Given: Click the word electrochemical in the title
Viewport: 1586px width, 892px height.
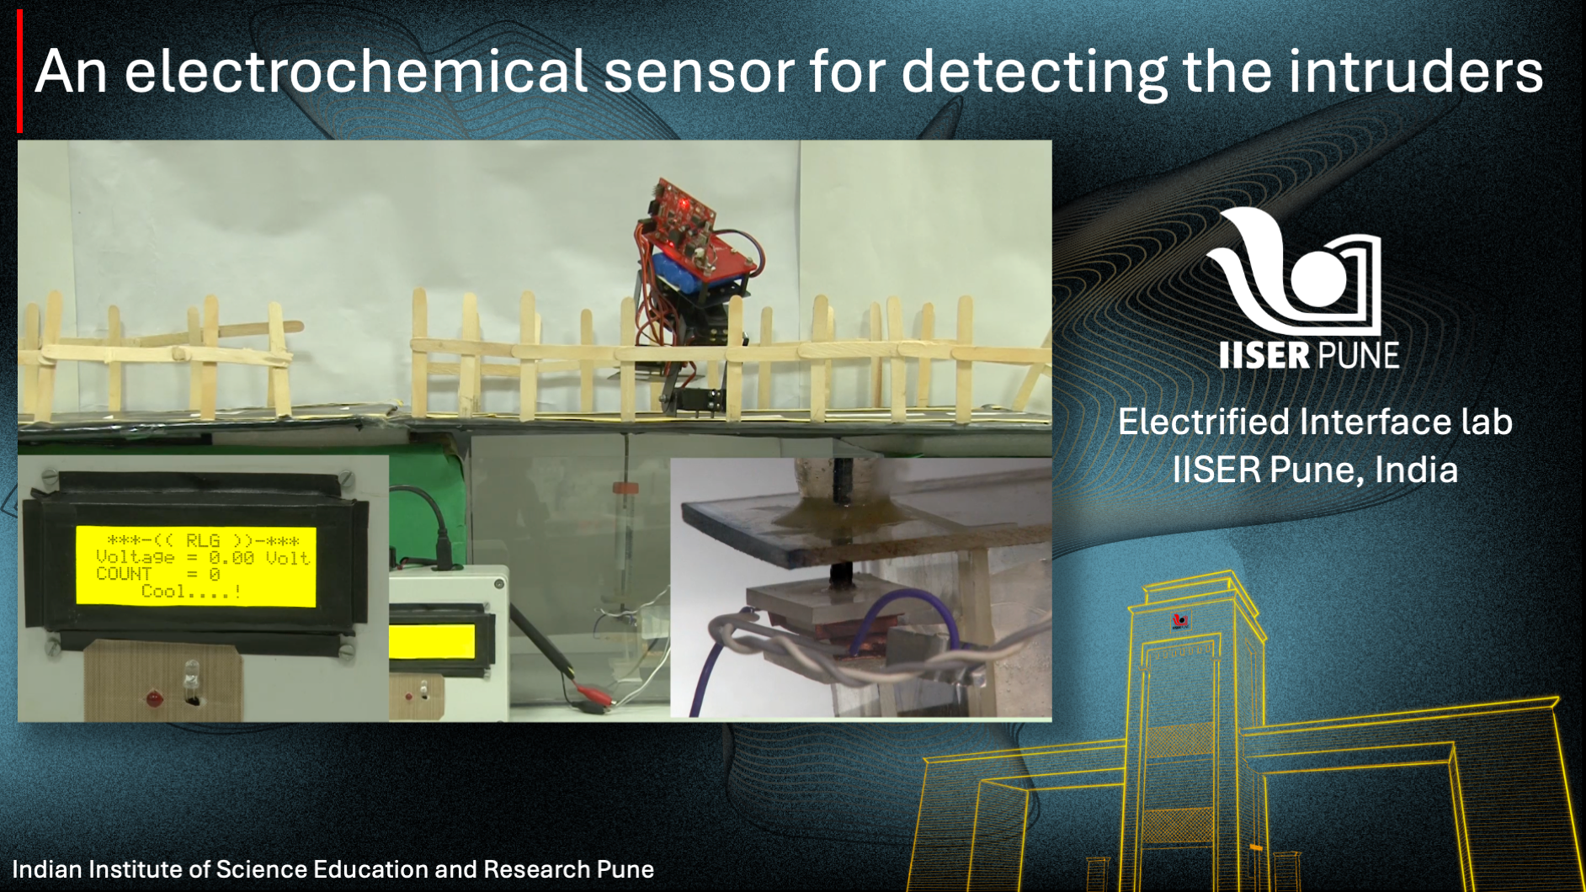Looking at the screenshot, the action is (x=356, y=71).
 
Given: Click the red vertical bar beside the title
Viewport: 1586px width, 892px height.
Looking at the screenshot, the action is (x=19, y=72).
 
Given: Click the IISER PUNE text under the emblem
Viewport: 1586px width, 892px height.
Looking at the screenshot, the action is (x=1309, y=355).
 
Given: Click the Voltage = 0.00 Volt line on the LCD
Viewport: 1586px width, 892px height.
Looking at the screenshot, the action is (x=203, y=557).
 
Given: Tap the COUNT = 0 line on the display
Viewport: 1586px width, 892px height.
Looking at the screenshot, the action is (x=158, y=574).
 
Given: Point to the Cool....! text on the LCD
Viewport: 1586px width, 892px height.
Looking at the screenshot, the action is (x=192, y=592).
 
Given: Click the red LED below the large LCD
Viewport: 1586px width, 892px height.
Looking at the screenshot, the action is (x=154, y=698).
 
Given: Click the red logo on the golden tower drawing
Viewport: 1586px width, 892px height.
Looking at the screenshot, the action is (x=1180, y=621).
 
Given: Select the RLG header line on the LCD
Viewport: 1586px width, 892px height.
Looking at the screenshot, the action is (x=203, y=540).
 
